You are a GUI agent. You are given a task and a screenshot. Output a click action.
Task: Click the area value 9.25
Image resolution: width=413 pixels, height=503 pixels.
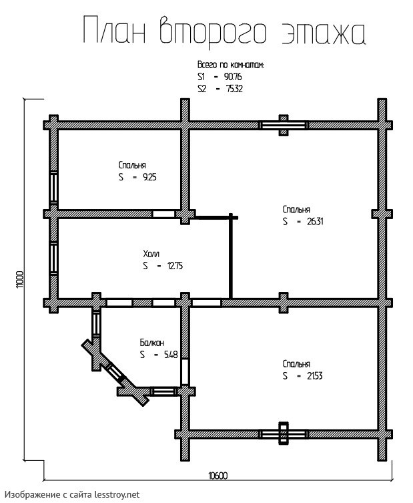point(147,177)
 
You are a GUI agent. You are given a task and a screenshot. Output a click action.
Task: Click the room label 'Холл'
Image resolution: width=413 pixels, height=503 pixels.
point(151,253)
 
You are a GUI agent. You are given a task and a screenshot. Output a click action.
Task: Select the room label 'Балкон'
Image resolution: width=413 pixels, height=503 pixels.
point(151,342)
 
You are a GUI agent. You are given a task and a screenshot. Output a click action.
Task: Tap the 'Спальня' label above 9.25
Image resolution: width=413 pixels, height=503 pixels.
point(132,164)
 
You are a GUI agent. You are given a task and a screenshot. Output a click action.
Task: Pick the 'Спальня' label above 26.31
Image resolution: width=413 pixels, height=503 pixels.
point(296,208)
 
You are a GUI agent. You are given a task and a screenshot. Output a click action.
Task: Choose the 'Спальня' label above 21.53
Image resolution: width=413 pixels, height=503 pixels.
point(296,364)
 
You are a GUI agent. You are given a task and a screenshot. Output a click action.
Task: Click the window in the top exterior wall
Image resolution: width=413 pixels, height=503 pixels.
point(284,125)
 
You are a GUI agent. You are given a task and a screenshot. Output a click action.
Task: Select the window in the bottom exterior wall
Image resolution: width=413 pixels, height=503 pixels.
point(284,433)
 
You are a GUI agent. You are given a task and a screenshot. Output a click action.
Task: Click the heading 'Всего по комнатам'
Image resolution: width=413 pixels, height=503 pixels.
point(230,66)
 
